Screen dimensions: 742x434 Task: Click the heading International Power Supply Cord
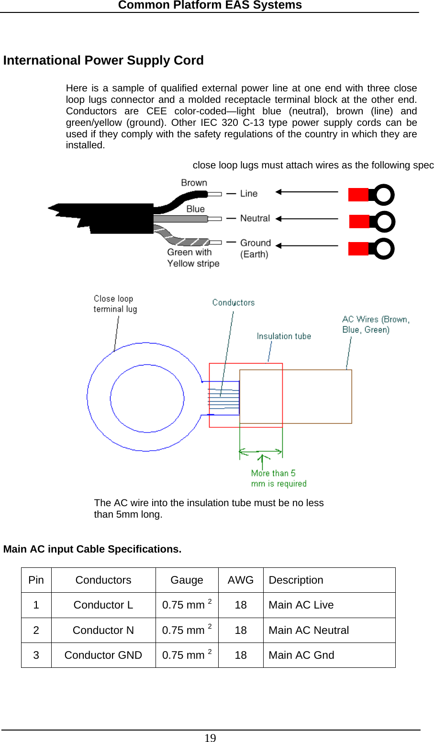(103, 61)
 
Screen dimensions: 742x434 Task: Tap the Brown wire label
(194, 183)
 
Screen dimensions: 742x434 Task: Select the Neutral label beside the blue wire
(255, 218)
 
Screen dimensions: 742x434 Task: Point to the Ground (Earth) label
(255, 248)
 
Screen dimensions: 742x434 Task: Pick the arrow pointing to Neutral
(307, 219)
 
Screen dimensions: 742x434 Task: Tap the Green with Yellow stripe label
(193, 258)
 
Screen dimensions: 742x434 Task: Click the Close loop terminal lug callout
(115, 304)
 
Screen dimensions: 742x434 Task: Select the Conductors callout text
(234, 302)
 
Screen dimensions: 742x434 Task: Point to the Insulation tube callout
(284, 336)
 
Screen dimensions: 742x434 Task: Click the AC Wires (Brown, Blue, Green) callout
(376, 324)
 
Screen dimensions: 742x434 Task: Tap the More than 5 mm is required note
(278, 478)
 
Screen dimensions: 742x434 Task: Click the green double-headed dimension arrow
(261, 451)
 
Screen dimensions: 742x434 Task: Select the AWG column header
(240, 580)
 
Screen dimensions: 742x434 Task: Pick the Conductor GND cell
(103, 655)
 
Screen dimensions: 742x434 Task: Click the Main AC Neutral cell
(309, 631)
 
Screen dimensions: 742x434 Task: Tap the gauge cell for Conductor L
(187, 605)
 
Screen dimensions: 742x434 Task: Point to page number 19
(210, 738)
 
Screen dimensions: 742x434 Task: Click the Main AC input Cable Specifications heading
(92, 549)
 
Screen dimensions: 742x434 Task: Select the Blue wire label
(195, 209)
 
